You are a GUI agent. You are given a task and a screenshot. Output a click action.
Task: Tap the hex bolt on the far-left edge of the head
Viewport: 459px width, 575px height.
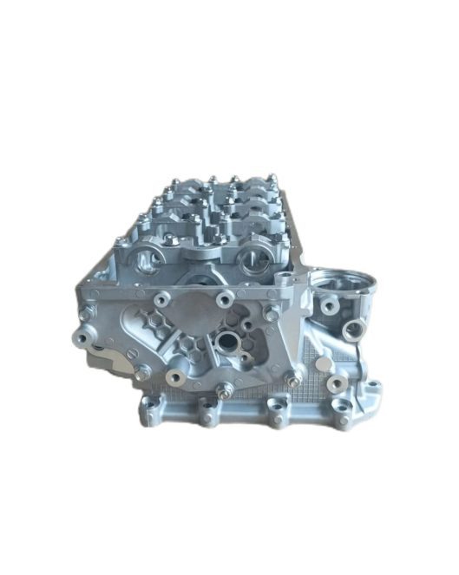tap(82, 337)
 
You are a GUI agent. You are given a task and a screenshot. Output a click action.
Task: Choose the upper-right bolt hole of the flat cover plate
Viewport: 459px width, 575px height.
tap(226, 300)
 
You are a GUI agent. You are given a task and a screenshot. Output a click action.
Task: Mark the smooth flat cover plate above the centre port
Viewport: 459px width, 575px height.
tap(193, 312)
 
